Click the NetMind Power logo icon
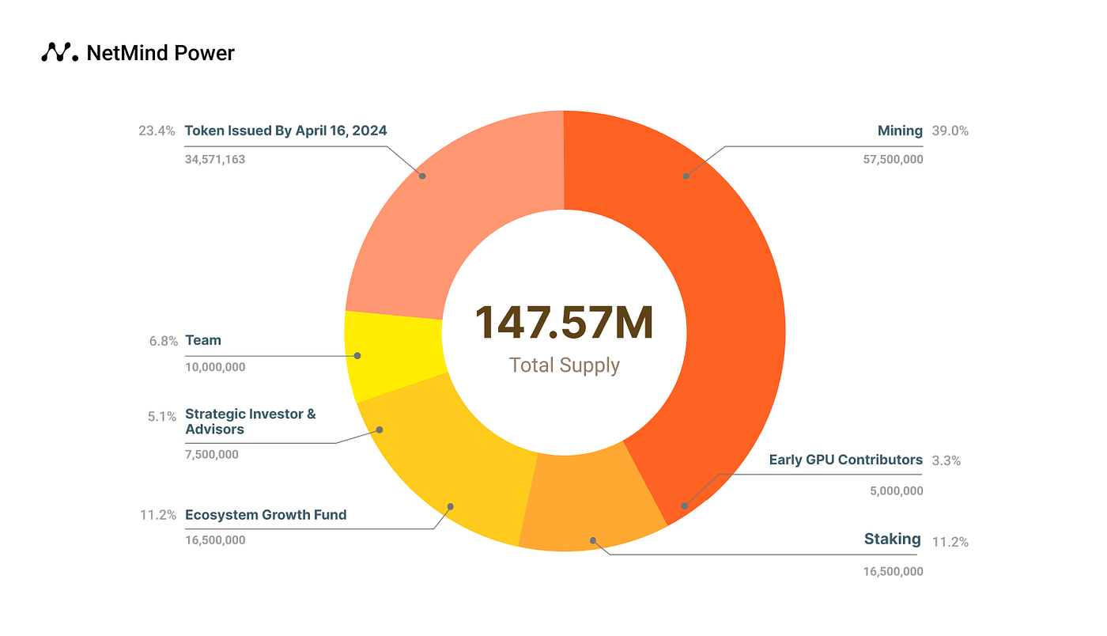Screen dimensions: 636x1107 pyautogui.click(x=59, y=52)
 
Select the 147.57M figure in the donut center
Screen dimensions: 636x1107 pyautogui.click(x=564, y=324)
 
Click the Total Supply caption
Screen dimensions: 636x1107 pyautogui.click(x=564, y=365)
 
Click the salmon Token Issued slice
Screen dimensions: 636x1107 pyautogui.click(x=443, y=214)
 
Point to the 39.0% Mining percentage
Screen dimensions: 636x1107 pyautogui.click(x=950, y=131)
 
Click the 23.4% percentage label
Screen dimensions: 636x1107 pyautogui.click(x=157, y=131)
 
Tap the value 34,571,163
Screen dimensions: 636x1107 pyautogui.click(x=215, y=159)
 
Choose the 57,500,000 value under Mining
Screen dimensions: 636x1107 pyautogui.click(x=893, y=159)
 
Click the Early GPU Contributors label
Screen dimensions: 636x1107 pyautogui.click(x=845, y=460)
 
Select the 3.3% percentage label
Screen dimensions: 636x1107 pyautogui.click(x=946, y=460)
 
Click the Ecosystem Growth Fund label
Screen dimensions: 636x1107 pyautogui.click(x=266, y=515)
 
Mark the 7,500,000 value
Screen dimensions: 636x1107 pyautogui.click(x=212, y=455)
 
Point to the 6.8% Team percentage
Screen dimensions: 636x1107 pyautogui.click(x=162, y=341)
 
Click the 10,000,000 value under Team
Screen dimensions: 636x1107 pyautogui.click(x=215, y=367)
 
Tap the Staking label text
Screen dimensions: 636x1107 pyautogui.click(x=892, y=539)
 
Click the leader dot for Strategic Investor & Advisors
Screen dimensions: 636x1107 pyautogui.click(x=380, y=430)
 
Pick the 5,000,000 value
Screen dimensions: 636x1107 pyautogui.click(x=896, y=490)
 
